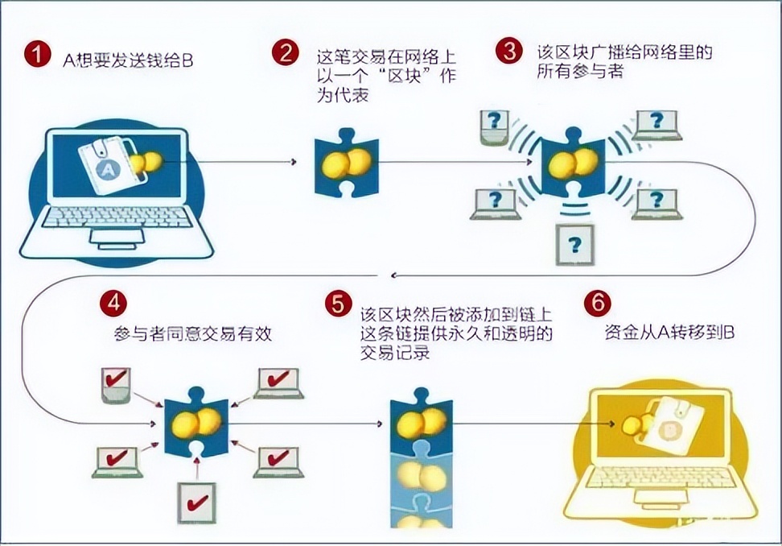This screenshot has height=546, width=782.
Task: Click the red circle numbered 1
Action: pos(37,53)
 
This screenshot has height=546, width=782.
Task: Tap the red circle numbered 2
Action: pos(286,52)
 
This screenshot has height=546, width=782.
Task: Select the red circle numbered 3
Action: pos(509,51)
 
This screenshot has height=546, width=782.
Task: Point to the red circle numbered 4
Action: pos(113,303)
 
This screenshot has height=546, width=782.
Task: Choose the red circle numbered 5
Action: pos(338,304)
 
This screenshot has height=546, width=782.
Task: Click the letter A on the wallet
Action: pos(109,170)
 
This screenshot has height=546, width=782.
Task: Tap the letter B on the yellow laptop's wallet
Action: pos(668,429)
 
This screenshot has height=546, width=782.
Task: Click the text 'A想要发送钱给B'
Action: pos(128,60)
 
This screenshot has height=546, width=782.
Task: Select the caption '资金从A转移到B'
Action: pos(669,333)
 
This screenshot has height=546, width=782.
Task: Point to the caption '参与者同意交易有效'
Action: pos(193,333)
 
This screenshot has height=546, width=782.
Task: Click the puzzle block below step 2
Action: pos(346,163)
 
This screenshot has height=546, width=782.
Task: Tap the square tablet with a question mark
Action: pos(574,245)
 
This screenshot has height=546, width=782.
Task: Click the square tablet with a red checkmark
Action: pos(197,503)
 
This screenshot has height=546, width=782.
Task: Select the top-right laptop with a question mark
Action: pos(656,126)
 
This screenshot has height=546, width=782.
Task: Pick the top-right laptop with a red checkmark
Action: pos(278,383)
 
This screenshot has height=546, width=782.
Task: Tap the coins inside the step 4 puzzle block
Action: pos(197,423)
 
